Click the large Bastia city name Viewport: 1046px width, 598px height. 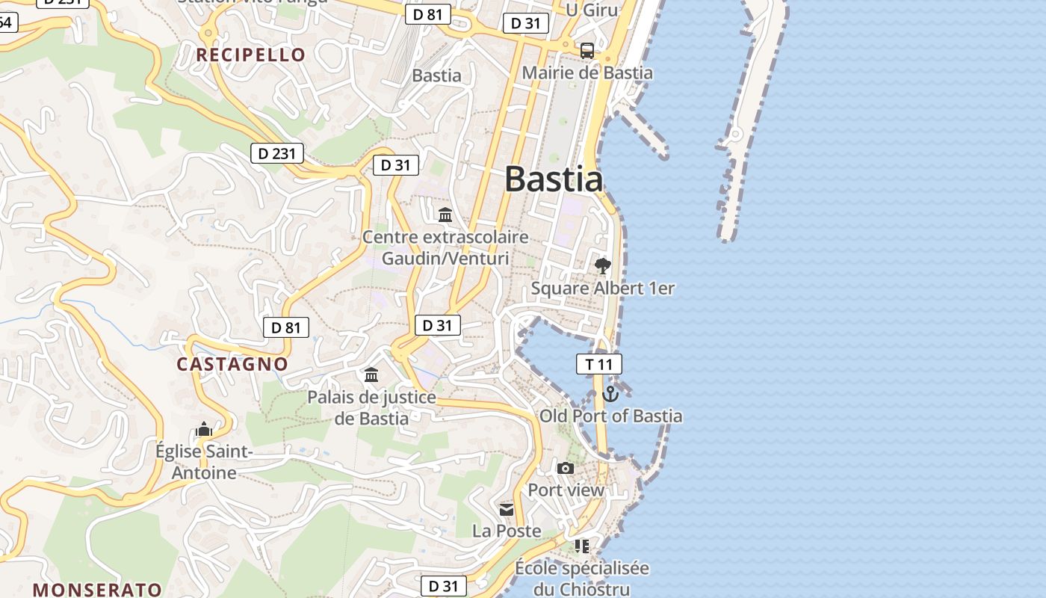click(x=554, y=179)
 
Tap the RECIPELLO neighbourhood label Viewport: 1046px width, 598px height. click(x=251, y=55)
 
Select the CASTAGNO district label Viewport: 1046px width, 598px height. click(x=232, y=364)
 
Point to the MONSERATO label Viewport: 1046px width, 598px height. click(x=97, y=589)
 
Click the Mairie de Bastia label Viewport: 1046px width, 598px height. click(x=587, y=73)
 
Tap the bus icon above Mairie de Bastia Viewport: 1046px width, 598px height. click(x=587, y=51)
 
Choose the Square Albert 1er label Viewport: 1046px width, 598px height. click(x=602, y=288)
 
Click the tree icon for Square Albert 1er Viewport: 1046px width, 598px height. click(x=602, y=265)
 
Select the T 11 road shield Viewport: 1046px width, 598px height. click(x=598, y=364)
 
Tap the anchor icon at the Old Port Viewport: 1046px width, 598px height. click(x=610, y=394)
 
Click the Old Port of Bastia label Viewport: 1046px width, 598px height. click(x=610, y=416)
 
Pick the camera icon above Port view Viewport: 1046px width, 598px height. click(x=566, y=469)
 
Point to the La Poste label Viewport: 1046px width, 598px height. click(x=507, y=531)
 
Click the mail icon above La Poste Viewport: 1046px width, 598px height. click(x=507, y=509)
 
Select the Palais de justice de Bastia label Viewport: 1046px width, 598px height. click(x=371, y=407)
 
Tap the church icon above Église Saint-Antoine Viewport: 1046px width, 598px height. click(x=204, y=430)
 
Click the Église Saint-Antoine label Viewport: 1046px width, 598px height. click(x=204, y=462)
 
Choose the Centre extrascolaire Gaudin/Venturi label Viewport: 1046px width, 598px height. click(x=445, y=247)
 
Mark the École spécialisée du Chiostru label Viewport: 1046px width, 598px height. click(x=582, y=579)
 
